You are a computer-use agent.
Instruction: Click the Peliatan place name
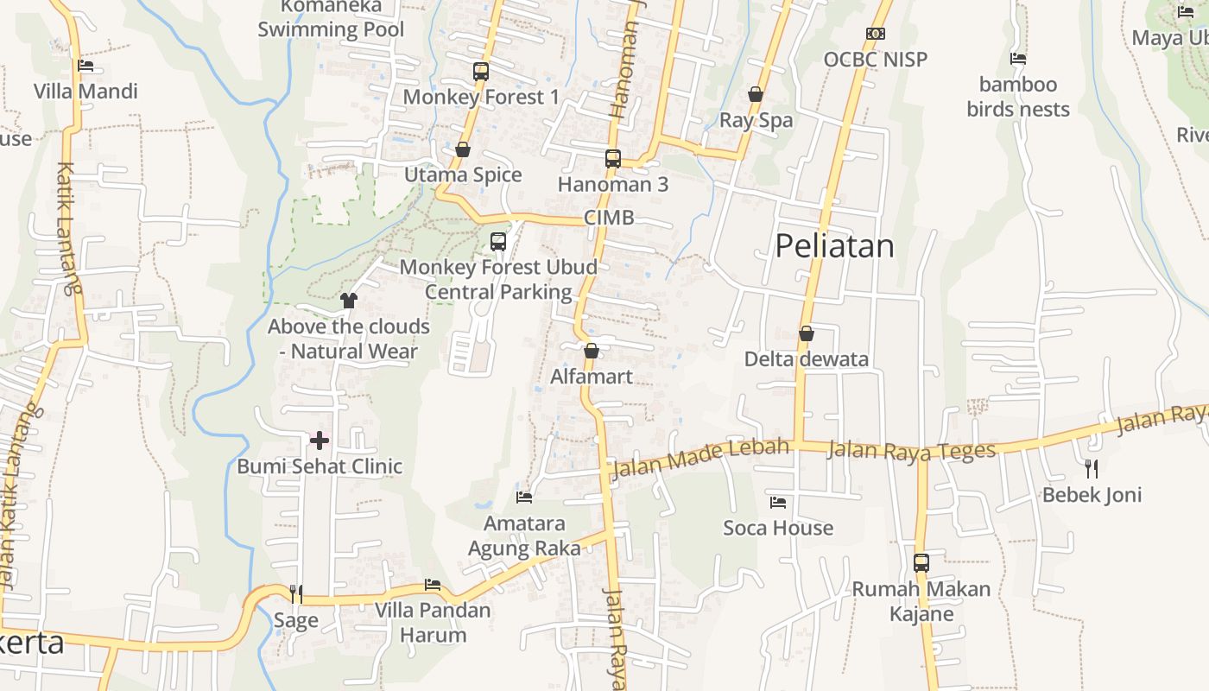834,246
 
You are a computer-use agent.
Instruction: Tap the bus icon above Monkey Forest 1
481,71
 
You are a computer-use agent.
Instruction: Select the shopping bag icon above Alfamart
592,351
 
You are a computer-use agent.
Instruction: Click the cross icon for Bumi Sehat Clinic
320,441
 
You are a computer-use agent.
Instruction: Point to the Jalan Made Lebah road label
700,459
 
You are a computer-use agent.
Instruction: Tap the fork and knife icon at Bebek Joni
1092,468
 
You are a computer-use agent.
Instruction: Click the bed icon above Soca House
778,502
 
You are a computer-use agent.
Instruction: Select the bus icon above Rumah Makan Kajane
921,563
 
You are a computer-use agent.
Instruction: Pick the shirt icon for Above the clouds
349,301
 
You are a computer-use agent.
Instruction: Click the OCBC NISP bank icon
876,34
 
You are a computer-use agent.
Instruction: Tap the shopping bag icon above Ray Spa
756,94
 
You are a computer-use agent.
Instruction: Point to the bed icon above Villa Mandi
85,66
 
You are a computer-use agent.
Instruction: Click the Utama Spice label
464,175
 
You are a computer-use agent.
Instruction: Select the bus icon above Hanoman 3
613,158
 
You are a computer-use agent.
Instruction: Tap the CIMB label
609,218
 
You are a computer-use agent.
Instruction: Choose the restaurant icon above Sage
295,593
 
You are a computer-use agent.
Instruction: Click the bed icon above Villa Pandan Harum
433,585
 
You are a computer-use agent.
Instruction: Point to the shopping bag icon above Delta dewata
807,333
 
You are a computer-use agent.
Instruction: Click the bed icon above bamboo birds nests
1018,59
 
